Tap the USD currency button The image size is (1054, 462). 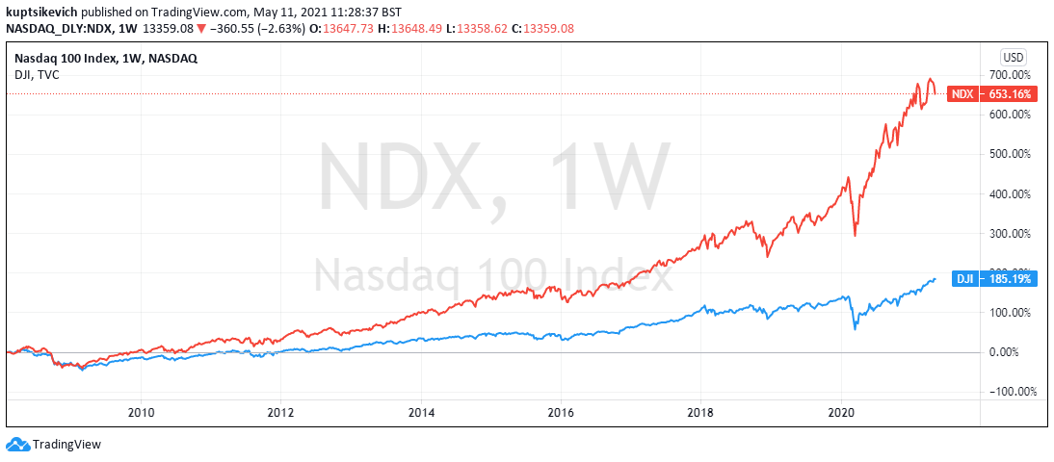tap(1014, 56)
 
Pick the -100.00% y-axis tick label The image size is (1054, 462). tap(1012, 392)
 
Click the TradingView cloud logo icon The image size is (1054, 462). tap(17, 444)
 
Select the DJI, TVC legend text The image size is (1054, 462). tap(37, 74)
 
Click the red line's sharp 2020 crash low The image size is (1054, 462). tap(856, 235)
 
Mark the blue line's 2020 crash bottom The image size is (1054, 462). tap(856, 330)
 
